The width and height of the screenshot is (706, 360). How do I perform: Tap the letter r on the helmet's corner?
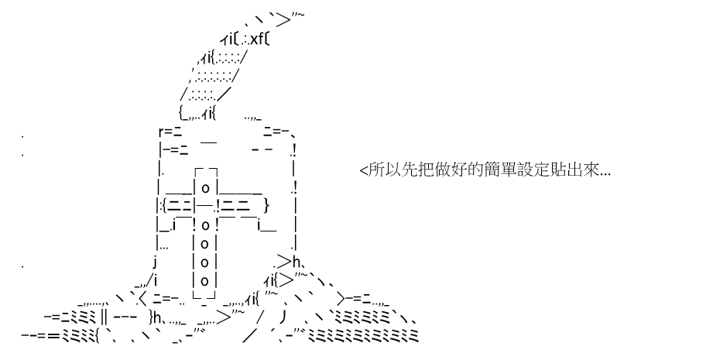160,132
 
